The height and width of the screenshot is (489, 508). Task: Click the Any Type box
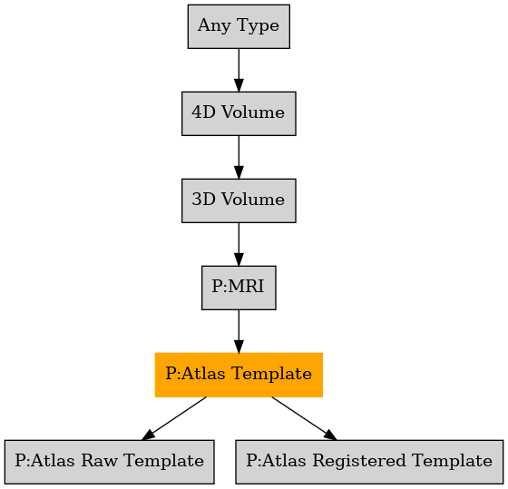(x=239, y=26)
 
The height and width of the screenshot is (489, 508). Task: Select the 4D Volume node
(x=239, y=113)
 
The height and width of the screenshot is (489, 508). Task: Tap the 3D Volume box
(x=239, y=200)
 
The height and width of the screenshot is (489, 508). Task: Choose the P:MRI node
(x=239, y=288)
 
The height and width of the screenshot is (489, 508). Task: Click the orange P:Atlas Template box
(x=239, y=375)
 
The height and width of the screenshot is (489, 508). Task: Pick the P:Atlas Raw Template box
(x=110, y=462)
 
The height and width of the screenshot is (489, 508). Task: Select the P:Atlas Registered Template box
(x=369, y=462)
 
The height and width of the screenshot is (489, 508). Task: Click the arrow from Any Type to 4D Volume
(x=239, y=71)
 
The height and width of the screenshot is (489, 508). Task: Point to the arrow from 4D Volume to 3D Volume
(x=239, y=157)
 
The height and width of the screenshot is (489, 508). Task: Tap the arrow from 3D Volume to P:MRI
(x=239, y=244)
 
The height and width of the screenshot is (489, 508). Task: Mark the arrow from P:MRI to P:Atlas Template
(x=239, y=331)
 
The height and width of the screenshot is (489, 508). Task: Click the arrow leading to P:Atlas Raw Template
(x=174, y=418)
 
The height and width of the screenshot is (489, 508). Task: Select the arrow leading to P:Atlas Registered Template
(x=304, y=418)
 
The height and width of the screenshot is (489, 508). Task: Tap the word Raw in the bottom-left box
(x=99, y=461)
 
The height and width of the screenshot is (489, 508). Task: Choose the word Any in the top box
(x=215, y=26)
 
